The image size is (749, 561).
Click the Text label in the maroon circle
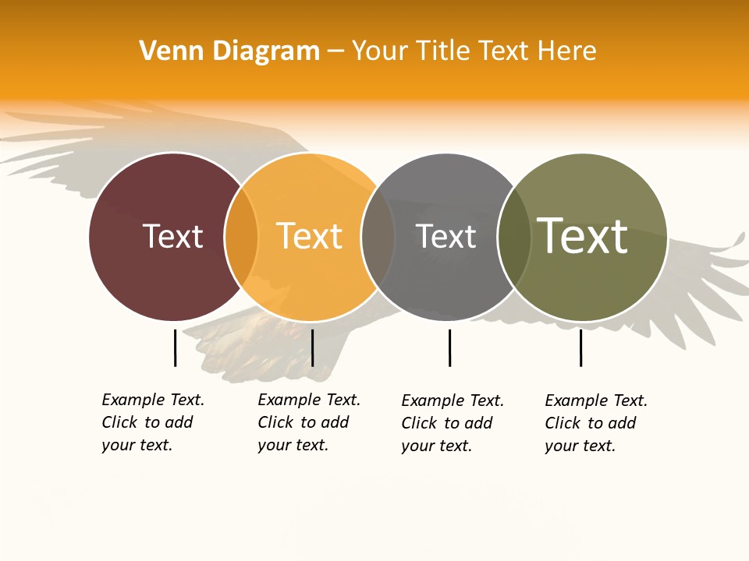click(x=172, y=236)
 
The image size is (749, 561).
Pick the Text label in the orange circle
click(x=310, y=236)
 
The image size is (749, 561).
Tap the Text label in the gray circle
click(x=445, y=236)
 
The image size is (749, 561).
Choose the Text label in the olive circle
click(x=583, y=236)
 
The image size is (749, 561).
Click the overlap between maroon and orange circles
click(x=241, y=237)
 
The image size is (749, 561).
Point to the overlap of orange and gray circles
click(x=378, y=237)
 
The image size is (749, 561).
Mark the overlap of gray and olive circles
click(x=514, y=237)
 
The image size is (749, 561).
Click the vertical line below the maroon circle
click(x=175, y=348)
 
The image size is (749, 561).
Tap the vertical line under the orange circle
click(x=312, y=348)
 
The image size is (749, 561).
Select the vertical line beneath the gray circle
click(x=449, y=348)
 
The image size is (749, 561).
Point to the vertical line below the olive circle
click(x=580, y=348)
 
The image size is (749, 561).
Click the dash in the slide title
click(x=335, y=52)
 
